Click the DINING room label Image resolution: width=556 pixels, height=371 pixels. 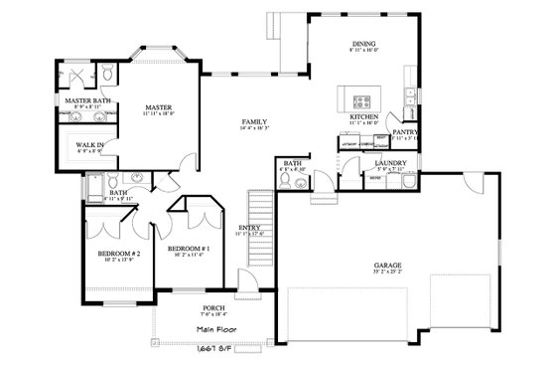click(362, 44)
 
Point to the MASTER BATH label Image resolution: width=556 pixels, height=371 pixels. click(86, 100)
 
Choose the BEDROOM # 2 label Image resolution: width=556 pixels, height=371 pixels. click(116, 253)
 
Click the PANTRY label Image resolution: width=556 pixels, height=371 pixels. click(404, 131)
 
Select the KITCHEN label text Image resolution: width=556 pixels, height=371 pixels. click(363, 116)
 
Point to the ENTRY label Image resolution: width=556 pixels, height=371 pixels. click(250, 227)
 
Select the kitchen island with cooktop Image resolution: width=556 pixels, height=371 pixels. click(360, 99)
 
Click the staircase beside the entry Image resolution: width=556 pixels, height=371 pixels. click(259, 208)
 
